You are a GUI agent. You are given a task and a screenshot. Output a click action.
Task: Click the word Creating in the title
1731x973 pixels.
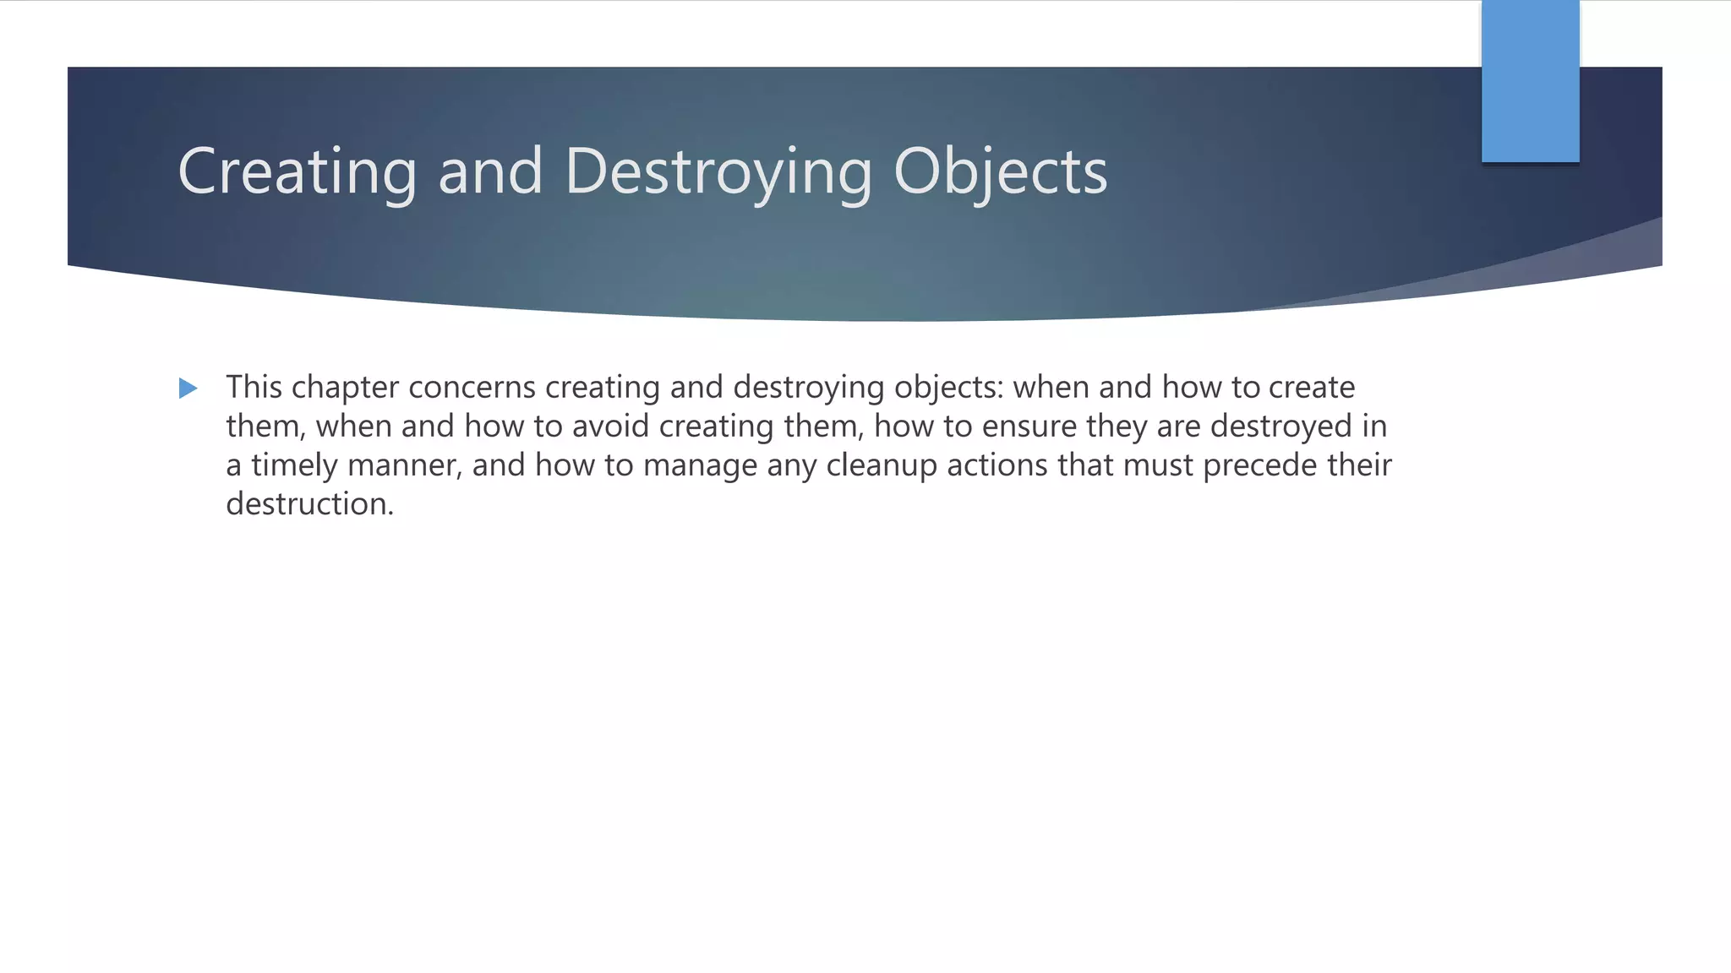click(x=297, y=171)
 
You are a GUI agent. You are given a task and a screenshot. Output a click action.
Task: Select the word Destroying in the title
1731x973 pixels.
click(x=718, y=171)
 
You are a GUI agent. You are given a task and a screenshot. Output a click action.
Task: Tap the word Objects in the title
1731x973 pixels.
click(x=1000, y=171)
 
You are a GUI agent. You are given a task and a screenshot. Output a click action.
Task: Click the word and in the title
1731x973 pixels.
click(x=490, y=171)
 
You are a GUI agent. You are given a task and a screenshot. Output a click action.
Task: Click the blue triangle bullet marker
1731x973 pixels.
click(x=188, y=389)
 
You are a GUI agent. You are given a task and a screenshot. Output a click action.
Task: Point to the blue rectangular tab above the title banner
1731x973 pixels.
click(x=1530, y=81)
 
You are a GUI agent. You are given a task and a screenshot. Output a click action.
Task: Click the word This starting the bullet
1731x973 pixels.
click(x=254, y=388)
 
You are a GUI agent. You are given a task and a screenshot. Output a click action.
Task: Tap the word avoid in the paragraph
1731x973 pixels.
click(x=610, y=427)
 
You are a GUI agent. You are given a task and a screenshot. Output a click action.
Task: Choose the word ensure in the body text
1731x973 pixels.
click(x=1029, y=427)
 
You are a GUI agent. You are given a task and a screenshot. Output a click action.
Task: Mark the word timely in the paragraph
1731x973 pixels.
click(x=294, y=465)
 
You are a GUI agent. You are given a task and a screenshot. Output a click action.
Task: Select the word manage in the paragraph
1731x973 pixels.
click(x=700, y=465)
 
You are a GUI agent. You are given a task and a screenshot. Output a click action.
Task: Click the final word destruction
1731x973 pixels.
click(x=309, y=504)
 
